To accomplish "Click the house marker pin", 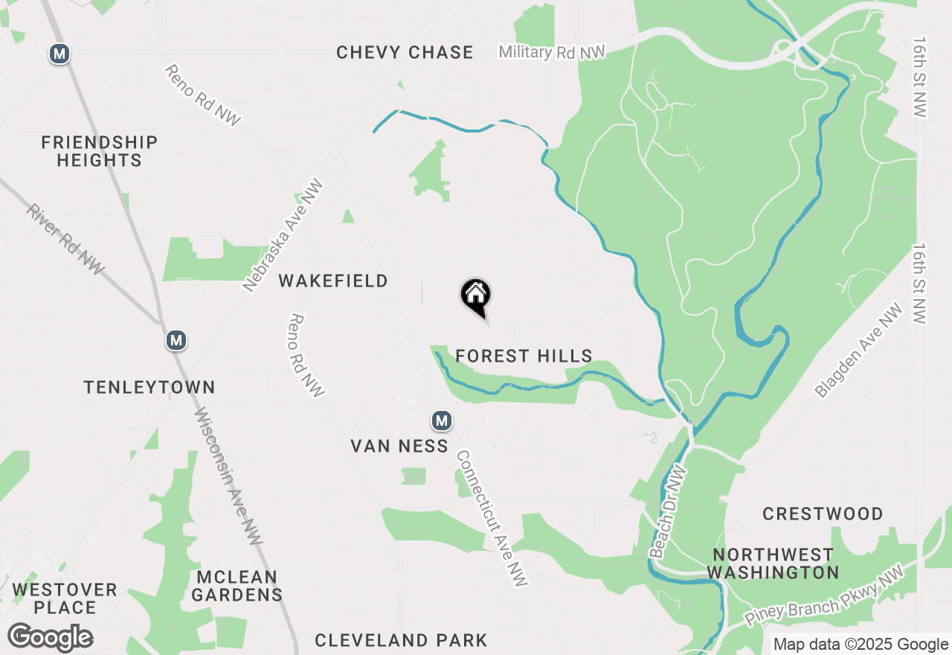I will click(476, 296).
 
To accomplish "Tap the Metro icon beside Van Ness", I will click(442, 421).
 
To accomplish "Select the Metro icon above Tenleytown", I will click(176, 341).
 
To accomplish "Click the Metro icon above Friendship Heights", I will click(59, 54).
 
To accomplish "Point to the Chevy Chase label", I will click(405, 53).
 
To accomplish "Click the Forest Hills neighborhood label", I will click(524, 357).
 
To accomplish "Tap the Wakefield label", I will click(333, 281).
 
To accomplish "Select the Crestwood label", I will click(823, 514).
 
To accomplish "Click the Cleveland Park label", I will click(401, 640).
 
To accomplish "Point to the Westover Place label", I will click(65, 598).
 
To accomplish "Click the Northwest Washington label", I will click(773, 563).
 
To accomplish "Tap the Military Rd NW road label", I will click(552, 52).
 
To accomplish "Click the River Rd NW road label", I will click(65, 240).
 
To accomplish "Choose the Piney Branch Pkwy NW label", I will click(824, 595).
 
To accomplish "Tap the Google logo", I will click(50, 638).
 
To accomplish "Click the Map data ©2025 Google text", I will click(861, 645).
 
